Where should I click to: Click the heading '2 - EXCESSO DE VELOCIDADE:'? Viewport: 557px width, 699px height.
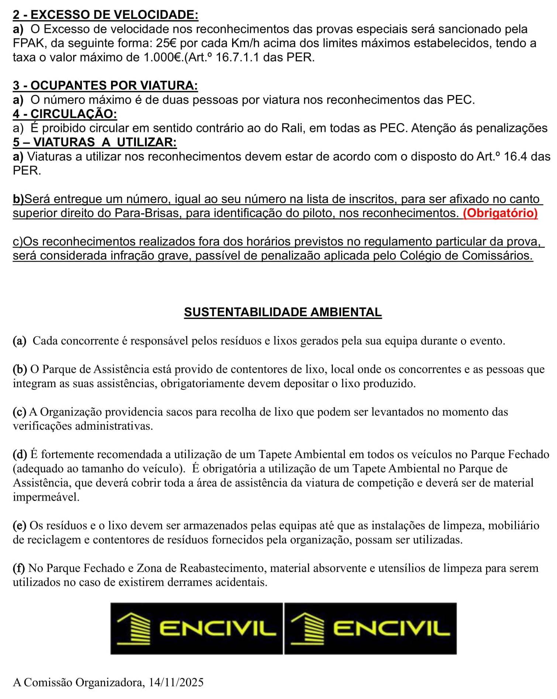point(105,15)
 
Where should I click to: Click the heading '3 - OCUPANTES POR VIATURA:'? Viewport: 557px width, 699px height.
point(105,85)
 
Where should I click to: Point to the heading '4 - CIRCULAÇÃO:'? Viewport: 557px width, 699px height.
point(65,114)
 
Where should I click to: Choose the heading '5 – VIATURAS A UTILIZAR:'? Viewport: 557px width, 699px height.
point(94,142)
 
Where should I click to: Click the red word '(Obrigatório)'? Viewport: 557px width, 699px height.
point(500,213)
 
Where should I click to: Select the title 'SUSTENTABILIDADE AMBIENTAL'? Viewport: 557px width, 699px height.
point(283,312)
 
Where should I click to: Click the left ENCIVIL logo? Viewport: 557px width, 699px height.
point(196,628)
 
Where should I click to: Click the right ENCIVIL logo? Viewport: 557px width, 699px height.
point(370,628)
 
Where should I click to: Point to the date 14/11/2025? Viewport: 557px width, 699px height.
point(176,682)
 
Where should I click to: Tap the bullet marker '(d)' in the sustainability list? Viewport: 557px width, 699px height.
point(20,454)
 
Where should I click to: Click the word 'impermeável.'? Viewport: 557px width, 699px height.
point(46,497)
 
